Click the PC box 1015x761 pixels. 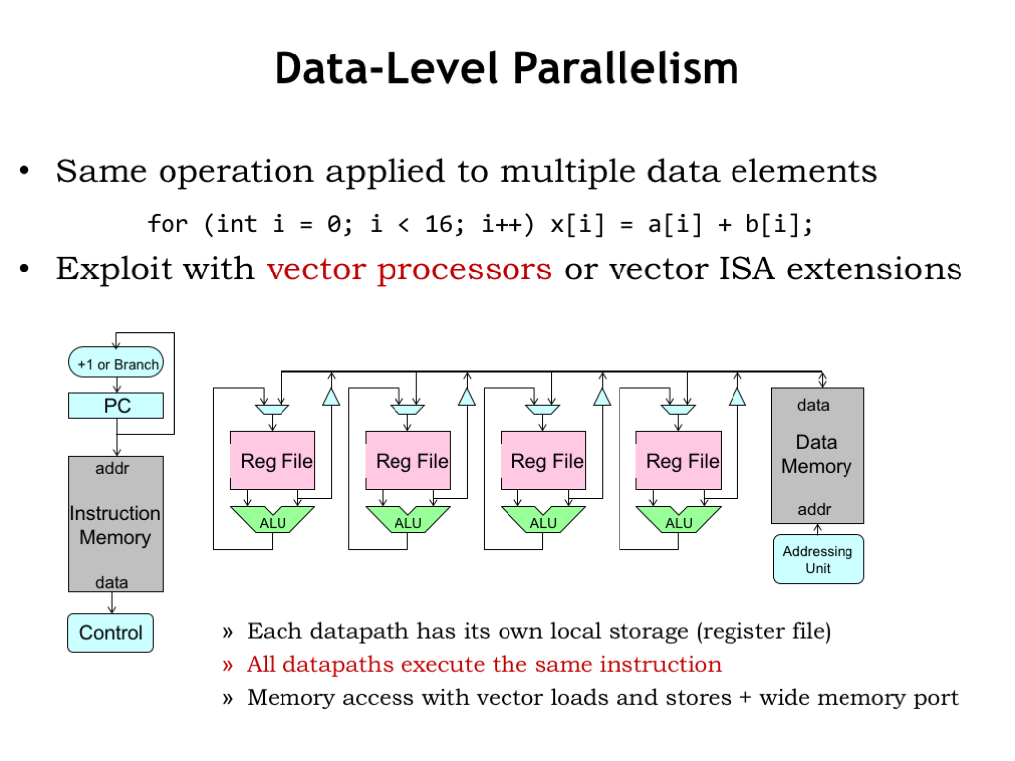click(x=116, y=405)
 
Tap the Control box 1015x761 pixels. click(x=110, y=633)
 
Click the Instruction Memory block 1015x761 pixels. click(x=115, y=525)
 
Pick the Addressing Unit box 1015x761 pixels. click(x=818, y=559)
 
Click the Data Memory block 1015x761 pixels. click(x=817, y=455)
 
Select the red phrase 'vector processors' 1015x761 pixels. click(x=408, y=269)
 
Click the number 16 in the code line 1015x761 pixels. click(x=439, y=224)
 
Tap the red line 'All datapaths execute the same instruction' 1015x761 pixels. click(x=484, y=664)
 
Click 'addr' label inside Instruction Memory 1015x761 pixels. click(x=111, y=468)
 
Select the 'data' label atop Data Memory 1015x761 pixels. click(x=813, y=405)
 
